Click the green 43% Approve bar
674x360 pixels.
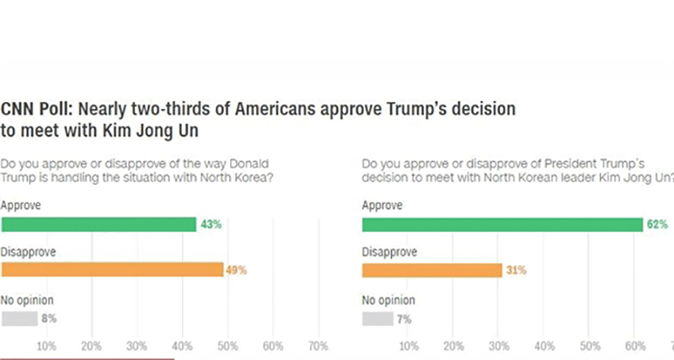point(99,224)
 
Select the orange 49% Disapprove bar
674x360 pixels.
point(112,270)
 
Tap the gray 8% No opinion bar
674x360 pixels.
point(19,318)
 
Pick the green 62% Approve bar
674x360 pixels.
point(502,224)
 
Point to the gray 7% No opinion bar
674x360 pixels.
point(377,318)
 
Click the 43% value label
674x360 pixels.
point(209,224)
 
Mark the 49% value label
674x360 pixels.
point(236,270)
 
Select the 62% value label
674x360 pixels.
point(658,224)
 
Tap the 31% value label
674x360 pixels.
point(516,270)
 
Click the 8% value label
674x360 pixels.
point(50,318)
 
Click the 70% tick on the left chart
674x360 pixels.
point(318,347)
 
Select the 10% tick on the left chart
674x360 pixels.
point(46,347)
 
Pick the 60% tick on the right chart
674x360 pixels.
point(633,347)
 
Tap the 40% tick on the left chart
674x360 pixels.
point(182,347)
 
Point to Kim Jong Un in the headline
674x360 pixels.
point(150,132)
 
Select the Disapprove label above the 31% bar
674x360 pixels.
point(390,251)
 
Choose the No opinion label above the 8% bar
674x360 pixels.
point(28,298)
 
